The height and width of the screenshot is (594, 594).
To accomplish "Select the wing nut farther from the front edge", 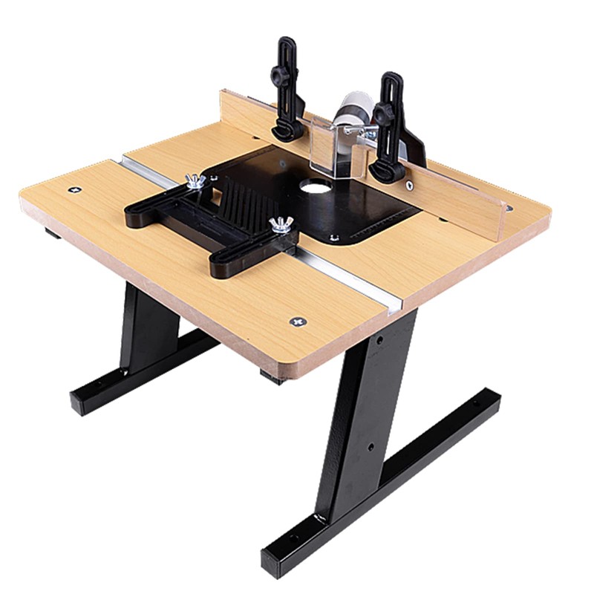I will coord(195,181).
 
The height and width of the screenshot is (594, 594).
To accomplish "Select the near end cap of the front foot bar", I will coord(272,562).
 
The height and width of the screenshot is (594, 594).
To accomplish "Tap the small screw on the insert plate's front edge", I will coord(333,237).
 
